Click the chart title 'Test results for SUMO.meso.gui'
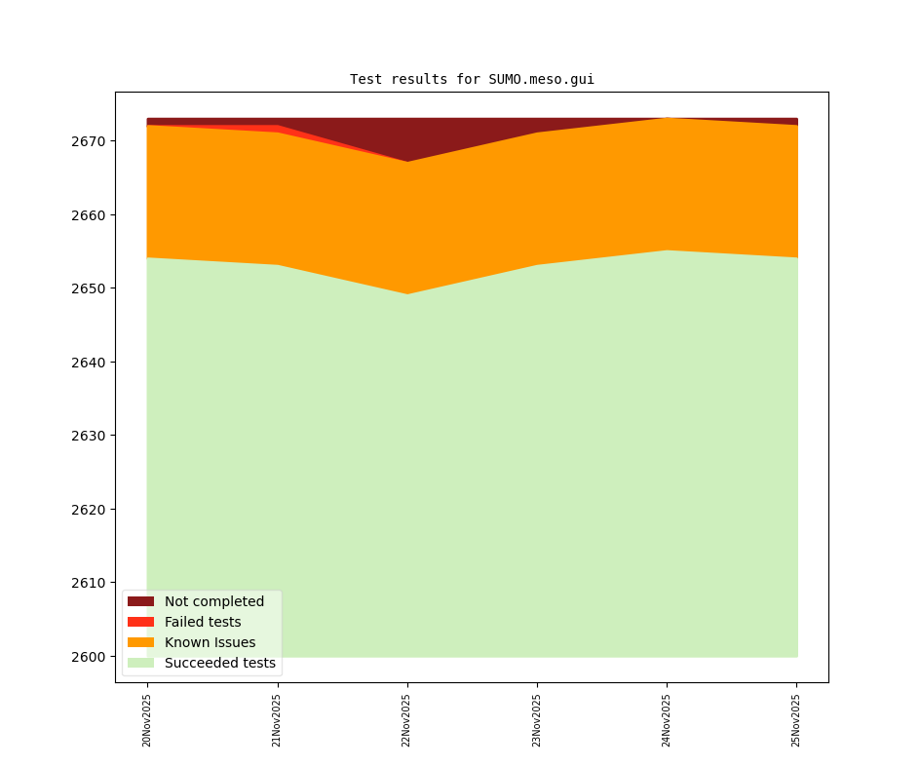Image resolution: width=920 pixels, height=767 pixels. (472, 80)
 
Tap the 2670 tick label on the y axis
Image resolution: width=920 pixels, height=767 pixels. (89, 141)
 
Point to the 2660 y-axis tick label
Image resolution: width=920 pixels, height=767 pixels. (89, 215)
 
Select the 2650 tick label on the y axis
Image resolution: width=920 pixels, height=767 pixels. (89, 288)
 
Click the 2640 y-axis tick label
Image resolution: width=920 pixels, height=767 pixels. (89, 363)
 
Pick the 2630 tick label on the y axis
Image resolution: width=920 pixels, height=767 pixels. (89, 436)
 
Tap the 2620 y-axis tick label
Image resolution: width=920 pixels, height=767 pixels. (89, 510)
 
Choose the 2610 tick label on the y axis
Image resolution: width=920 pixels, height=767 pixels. (89, 583)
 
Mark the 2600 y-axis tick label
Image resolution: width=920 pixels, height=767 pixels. (89, 657)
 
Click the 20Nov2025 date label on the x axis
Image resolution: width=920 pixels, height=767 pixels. (147, 720)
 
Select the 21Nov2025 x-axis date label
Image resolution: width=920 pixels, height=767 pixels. (277, 720)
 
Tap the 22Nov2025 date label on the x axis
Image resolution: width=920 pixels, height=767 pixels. (407, 720)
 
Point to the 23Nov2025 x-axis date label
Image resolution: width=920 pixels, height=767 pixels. (537, 720)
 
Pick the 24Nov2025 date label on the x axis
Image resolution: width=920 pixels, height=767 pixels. (667, 720)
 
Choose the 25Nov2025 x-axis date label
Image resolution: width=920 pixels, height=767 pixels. (796, 720)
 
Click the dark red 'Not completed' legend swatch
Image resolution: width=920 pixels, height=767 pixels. (140, 601)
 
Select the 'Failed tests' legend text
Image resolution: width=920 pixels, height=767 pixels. (203, 622)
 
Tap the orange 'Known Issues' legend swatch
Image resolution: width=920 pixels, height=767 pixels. (140, 642)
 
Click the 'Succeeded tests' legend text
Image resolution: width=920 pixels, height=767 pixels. (220, 663)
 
